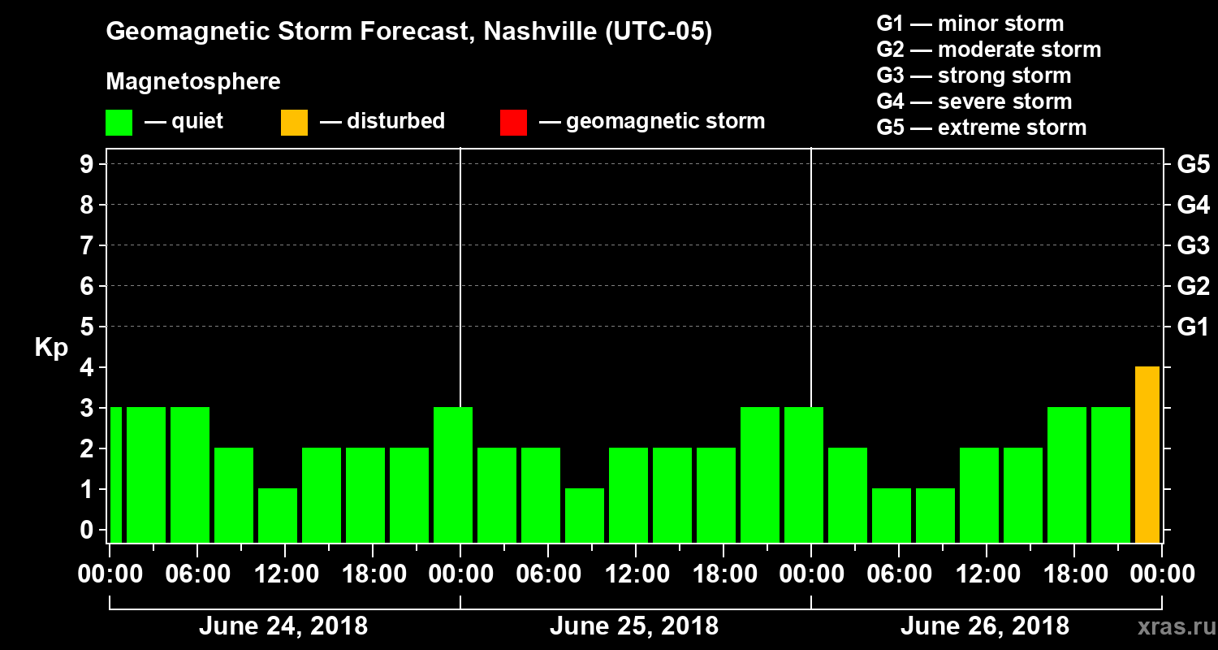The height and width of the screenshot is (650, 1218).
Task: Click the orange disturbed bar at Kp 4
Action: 1147,454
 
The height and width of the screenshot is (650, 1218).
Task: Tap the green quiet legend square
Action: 119,122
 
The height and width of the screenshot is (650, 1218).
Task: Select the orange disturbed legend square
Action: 294,122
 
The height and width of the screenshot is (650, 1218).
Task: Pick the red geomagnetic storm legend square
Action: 513,122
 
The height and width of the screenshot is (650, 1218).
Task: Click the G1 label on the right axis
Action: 1193,327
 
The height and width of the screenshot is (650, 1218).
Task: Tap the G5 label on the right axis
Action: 1193,165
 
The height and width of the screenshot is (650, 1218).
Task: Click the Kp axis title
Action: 51,348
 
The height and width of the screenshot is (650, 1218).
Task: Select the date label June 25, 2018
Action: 633,626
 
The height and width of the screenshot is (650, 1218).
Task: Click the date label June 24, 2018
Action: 283,626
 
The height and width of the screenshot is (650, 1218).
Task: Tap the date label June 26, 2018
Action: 984,626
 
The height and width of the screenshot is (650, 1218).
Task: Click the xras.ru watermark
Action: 1170,626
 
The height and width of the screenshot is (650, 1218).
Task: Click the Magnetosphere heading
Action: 193,82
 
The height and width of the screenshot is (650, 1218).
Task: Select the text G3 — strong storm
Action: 974,76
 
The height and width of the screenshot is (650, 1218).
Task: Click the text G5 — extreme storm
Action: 981,128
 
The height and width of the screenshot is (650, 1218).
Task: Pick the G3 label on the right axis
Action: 1193,246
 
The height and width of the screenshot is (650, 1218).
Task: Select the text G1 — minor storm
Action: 970,24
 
